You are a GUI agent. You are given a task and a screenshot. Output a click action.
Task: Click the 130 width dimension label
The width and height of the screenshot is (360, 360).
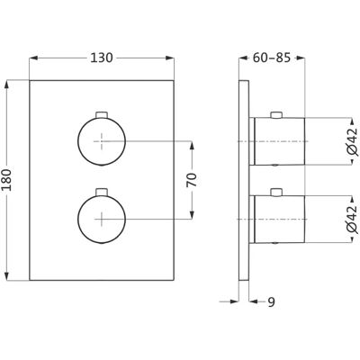coord(102,58)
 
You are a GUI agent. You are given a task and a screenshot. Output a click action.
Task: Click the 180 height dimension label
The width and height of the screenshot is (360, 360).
coord(6,180)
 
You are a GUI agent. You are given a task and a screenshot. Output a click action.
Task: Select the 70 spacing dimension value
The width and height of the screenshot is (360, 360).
coord(193,180)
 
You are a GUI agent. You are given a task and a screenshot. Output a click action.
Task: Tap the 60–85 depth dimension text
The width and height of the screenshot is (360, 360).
coord(272,58)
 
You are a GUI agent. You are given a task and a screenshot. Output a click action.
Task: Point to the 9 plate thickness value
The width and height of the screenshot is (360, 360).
coord(271,301)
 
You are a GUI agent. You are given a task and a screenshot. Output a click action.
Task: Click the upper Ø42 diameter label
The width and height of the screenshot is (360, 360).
coord(352,141)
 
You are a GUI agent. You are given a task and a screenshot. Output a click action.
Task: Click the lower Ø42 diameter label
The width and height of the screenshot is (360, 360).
coord(352,219)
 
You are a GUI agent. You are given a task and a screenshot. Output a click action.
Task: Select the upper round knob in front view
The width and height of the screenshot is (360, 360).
coord(102,141)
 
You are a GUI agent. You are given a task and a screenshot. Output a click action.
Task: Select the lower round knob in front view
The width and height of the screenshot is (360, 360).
coord(102,220)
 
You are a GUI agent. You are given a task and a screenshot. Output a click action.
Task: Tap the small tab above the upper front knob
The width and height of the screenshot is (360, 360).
coord(102,114)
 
